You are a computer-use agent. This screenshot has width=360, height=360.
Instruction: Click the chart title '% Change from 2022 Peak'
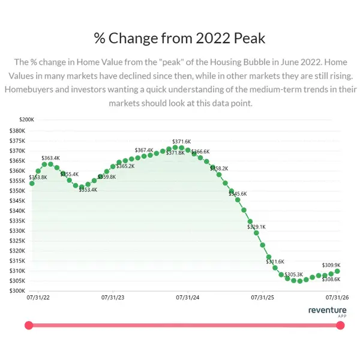[x=179, y=38]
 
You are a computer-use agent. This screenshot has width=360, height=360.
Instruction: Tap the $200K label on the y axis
[x=26, y=119]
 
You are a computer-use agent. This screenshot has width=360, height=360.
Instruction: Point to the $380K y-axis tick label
[x=17, y=131]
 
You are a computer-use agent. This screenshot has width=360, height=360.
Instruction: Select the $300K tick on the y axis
[x=17, y=291]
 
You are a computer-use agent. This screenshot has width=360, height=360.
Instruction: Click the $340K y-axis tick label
[x=17, y=211]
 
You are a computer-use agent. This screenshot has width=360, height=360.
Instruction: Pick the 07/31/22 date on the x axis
[x=38, y=298]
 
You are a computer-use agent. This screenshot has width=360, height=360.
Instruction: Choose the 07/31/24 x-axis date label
[x=188, y=298]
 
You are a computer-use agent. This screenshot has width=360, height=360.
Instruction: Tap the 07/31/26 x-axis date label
[x=337, y=298]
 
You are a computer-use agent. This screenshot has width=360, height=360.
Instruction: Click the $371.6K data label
[x=181, y=142]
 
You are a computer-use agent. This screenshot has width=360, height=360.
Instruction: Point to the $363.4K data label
[x=50, y=158]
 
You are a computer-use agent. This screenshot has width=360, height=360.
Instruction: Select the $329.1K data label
[x=256, y=227]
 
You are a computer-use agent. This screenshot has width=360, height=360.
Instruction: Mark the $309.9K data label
[x=331, y=265]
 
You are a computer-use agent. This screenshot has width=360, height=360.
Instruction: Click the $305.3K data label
[x=293, y=275]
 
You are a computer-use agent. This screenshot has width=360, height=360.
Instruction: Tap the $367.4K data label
[x=144, y=150]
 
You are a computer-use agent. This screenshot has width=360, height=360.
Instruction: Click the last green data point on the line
[x=337, y=271]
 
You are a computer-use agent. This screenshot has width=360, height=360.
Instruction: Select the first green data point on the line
[x=32, y=184]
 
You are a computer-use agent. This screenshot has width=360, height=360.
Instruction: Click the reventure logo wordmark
[x=327, y=310]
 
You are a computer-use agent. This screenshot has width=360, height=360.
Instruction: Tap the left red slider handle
[x=29, y=325]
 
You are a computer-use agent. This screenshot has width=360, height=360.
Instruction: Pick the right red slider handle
[x=340, y=325]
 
